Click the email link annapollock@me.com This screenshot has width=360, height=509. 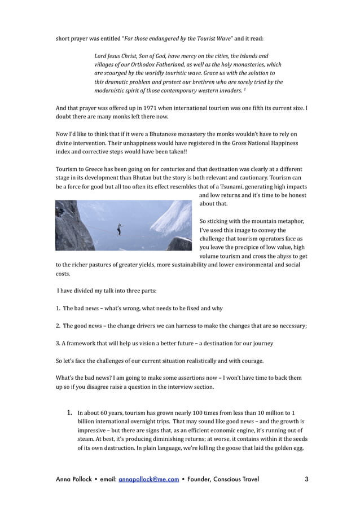click(x=148, y=480)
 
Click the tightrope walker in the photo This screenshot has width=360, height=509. click(x=118, y=229)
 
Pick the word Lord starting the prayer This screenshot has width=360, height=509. click(x=100, y=56)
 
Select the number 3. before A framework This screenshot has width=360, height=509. click(x=58, y=343)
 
